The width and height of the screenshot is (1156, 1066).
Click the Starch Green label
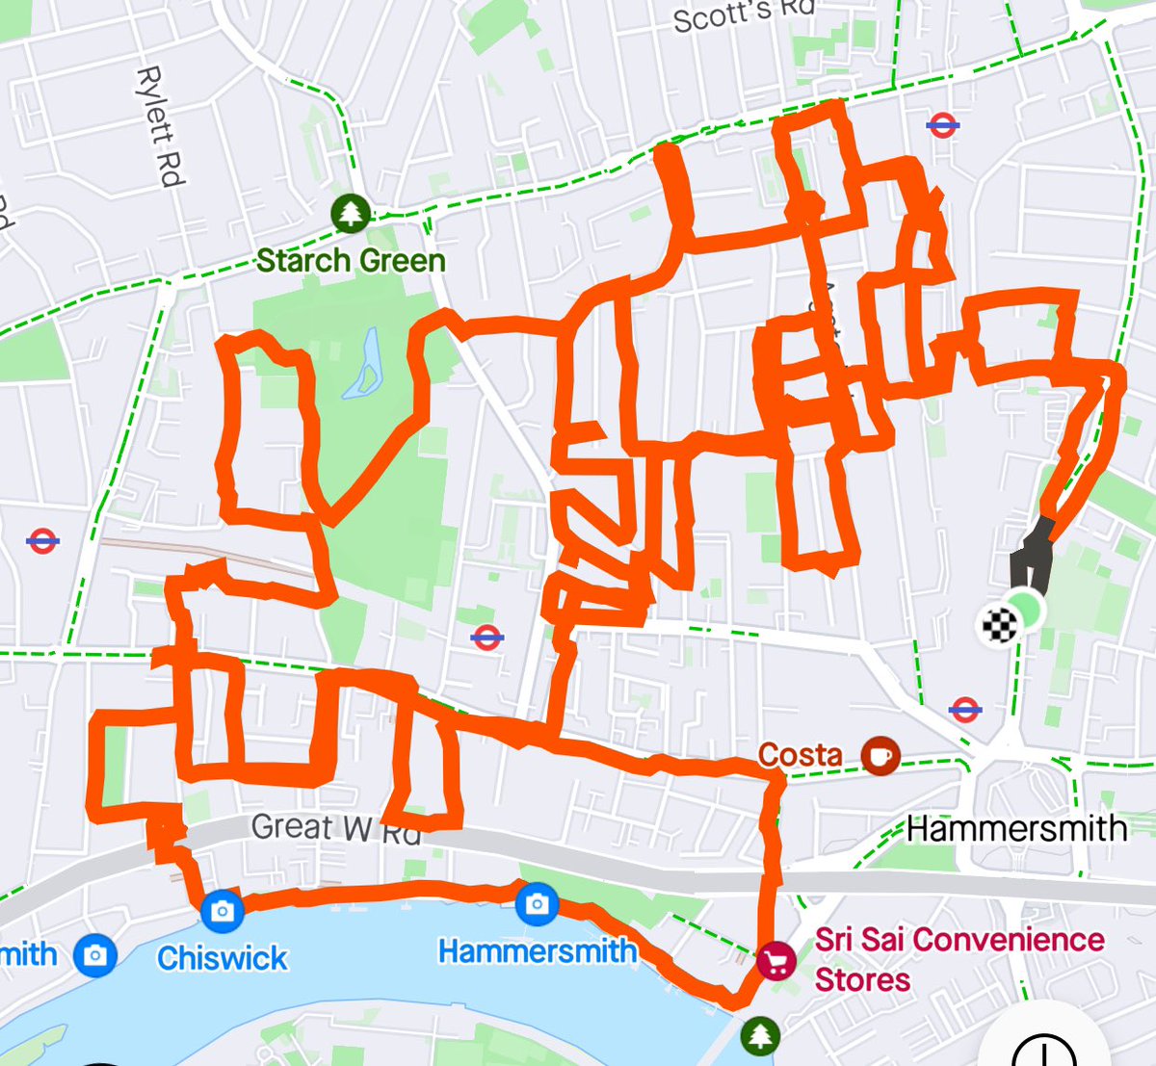[x=351, y=260]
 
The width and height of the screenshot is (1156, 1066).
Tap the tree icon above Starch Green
[x=351, y=213]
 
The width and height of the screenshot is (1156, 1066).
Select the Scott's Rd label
[x=743, y=15]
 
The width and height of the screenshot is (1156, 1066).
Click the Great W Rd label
[x=336, y=828]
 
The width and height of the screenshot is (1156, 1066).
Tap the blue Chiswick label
[x=223, y=958]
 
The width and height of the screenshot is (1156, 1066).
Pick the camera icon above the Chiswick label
[x=223, y=910]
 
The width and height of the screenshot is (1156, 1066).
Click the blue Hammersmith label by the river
[x=537, y=951]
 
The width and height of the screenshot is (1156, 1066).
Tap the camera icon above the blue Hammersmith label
[x=537, y=903]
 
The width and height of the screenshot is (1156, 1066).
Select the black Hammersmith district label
[x=1016, y=828]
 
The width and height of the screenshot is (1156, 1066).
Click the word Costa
[x=800, y=755]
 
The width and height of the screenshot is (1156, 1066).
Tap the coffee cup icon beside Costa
[x=879, y=755]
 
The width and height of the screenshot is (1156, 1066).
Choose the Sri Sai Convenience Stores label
[x=959, y=959]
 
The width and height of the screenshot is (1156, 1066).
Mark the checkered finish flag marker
[x=999, y=626]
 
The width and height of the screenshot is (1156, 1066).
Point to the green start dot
[x=1028, y=611]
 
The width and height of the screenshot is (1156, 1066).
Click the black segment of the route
[x=1031, y=559]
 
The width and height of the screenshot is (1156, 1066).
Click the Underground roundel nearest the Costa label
[x=964, y=710]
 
